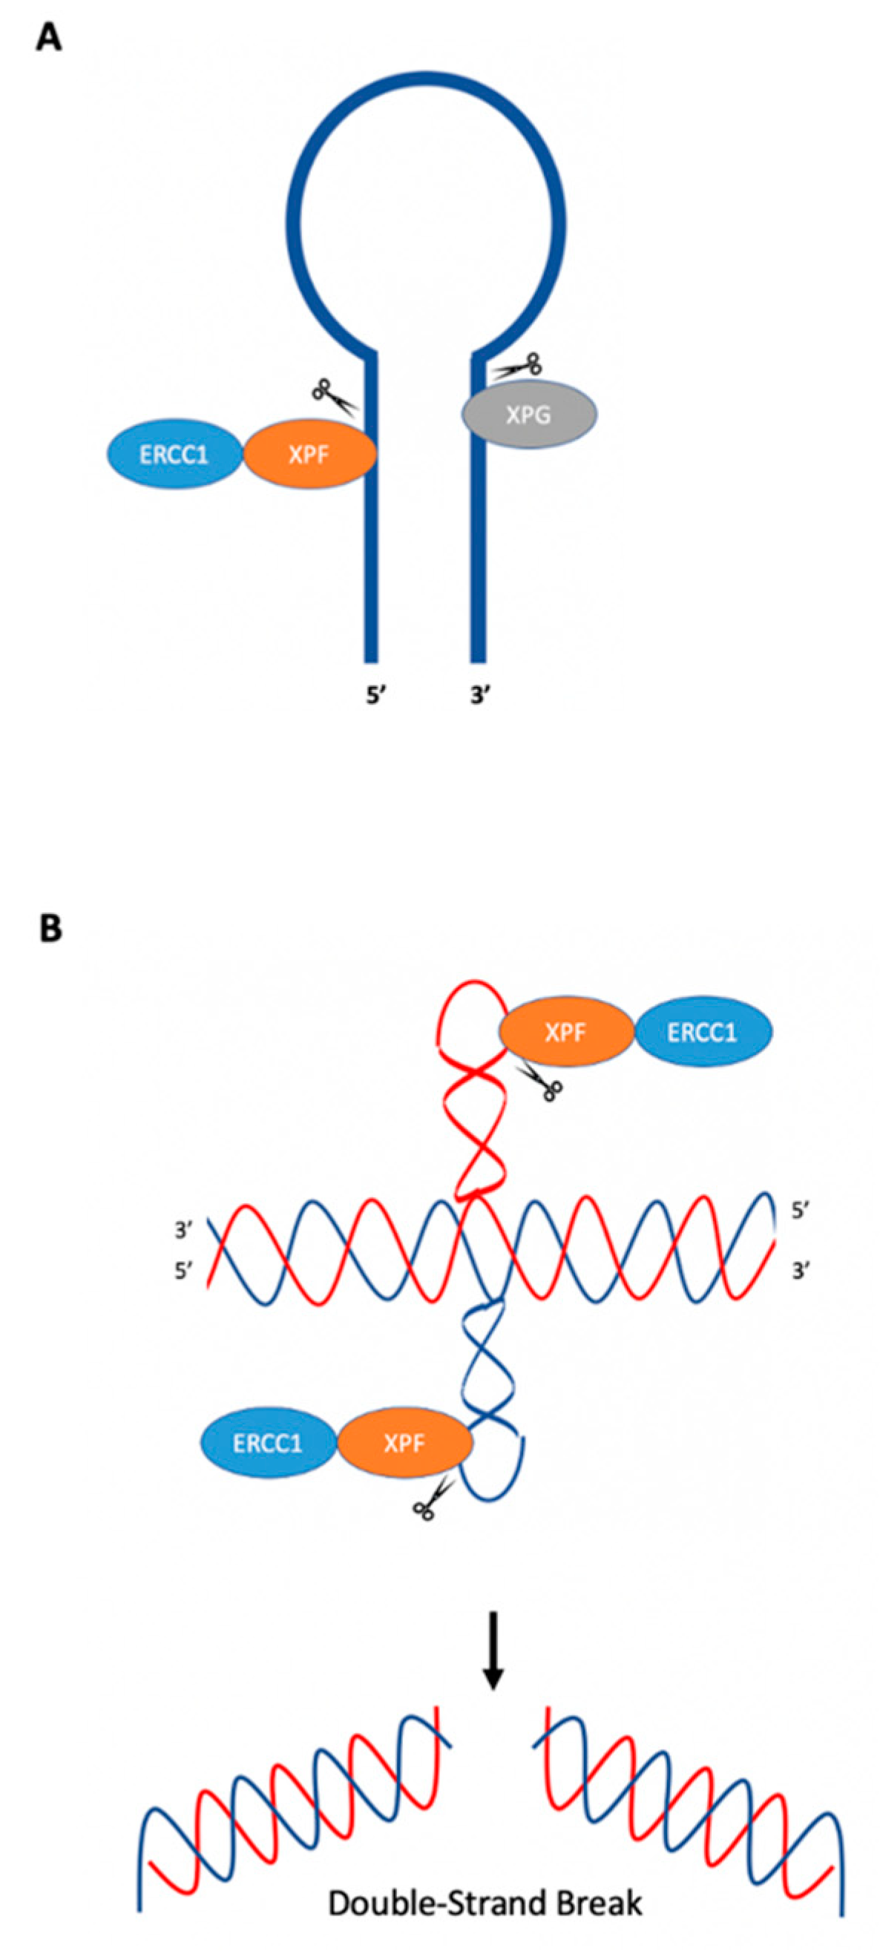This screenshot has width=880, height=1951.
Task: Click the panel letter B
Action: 50,928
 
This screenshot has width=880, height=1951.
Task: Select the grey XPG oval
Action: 528,414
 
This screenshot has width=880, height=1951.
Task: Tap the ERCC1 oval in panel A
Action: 174,455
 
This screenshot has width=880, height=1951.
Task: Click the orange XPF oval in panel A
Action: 309,455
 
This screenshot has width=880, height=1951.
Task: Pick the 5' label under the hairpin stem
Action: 376,694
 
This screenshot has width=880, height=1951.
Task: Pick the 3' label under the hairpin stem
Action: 480,694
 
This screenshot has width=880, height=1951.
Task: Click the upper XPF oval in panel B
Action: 565,1032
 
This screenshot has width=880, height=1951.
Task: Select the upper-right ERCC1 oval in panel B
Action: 702,1032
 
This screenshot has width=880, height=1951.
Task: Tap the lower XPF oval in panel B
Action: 404,1443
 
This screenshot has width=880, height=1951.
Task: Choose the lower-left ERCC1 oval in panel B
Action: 267,1443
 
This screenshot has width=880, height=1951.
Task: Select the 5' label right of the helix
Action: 800,1210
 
